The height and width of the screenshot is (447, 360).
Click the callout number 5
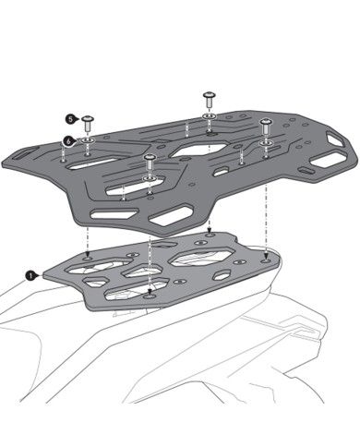point(70,118)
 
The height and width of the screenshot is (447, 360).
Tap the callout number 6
point(67,140)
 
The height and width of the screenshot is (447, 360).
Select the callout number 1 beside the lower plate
point(31,274)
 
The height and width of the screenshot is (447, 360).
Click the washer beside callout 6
point(90,139)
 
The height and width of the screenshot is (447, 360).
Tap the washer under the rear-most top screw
point(209,117)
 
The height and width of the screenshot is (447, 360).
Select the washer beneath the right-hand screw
point(266,141)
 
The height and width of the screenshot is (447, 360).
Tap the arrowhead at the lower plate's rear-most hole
point(210,231)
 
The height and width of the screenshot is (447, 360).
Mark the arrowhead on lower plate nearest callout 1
point(88,255)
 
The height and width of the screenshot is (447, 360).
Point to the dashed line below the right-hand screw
point(266,199)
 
